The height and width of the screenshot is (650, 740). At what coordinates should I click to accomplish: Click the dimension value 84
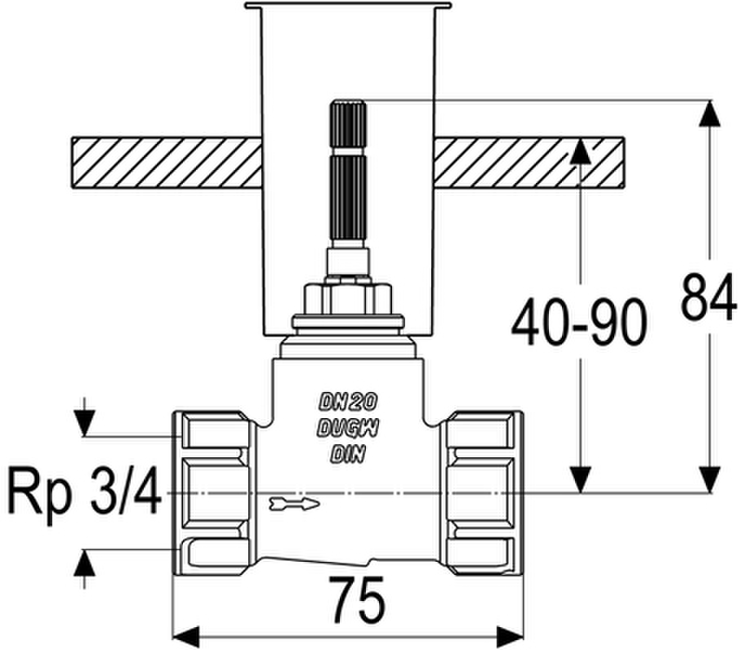[x=709, y=297]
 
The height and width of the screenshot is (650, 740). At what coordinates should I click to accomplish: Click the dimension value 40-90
[x=578, y=323]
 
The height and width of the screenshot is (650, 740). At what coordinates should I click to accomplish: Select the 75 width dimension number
[x=357, y=599]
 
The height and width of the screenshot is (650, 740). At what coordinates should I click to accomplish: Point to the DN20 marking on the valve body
[x=348, y=402]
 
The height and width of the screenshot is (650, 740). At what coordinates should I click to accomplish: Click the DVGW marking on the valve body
[x=348, y=428]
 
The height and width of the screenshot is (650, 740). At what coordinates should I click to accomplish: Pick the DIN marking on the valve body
[x=348, y=454]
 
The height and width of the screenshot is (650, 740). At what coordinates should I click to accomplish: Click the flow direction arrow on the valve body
[x=295, y=504]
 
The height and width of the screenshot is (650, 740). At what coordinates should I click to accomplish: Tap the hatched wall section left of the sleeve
[x=167, y=162]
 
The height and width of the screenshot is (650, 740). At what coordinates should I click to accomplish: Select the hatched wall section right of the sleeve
[x=529, y=162]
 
